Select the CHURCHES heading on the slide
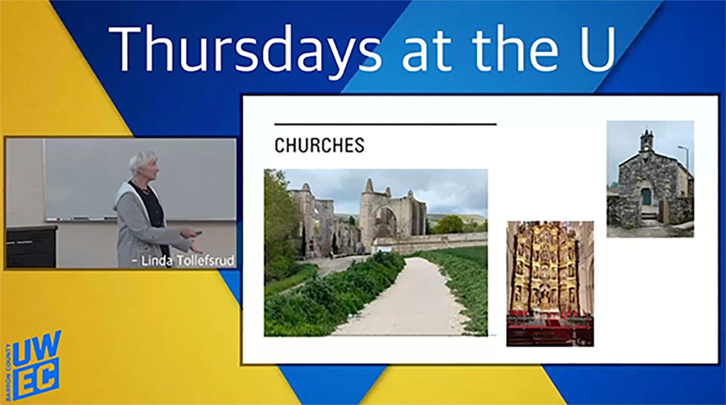pos(319,146)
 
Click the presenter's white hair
pos(142,162)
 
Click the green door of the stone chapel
pos(646,197)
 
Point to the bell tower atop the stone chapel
pos(647,141)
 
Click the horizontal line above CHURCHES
pos(385,125)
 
